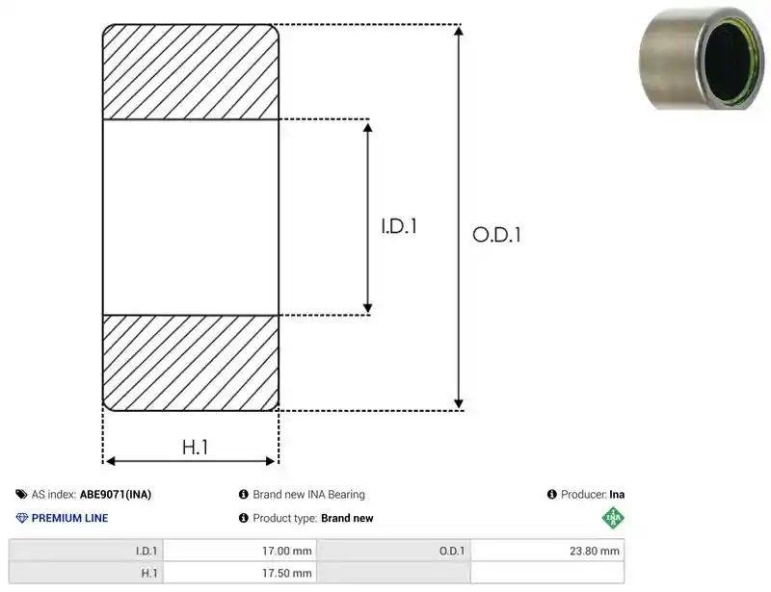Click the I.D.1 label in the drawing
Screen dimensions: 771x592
[399, 226]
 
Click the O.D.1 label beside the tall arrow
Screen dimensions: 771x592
[496, 235]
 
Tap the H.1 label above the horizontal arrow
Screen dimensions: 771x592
[196, 447]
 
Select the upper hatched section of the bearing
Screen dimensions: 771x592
[191, 72]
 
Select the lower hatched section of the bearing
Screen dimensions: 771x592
[191, 363]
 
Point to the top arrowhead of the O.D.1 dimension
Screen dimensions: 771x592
[459, 31]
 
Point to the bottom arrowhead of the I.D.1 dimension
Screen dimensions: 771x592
[367, 308]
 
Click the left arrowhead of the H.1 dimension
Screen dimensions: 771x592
[111, 461]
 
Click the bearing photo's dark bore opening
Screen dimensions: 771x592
[730, 58]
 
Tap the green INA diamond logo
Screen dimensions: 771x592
[613, 518]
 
